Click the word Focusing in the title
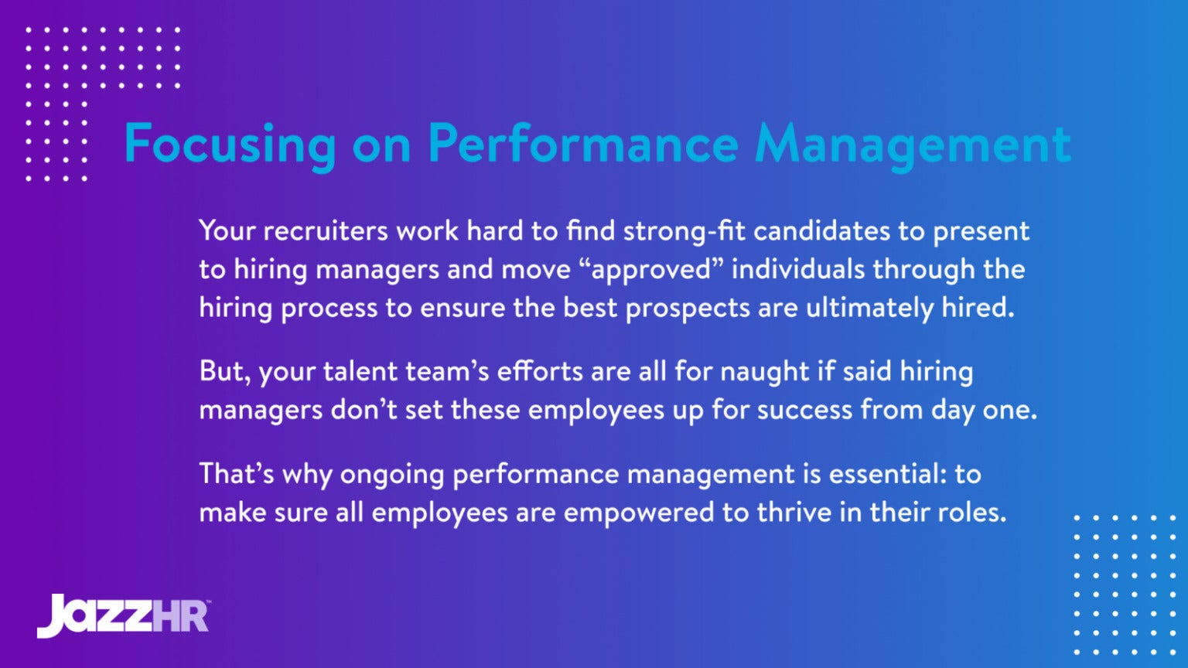pyautogui.click(x=230, y=145)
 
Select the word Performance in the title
pyautogui.click(x=583, y=145)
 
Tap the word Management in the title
pyautogui.click(x=913, y=145)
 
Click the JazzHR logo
pyautogui.click(x=123, y=615)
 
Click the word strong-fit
pyautogui.click(x=684, y=231)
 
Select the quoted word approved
pyautogui.click(x=651, y=270)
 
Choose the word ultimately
pyautogui.click(x=869, y=308)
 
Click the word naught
pyautogui.click(x=765, y=372)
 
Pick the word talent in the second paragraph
pyautogui.click(x=360, y=372)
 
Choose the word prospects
pyautogui.click(x=688, y=308)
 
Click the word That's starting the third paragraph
pyautogui.click(x=236, y=474)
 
